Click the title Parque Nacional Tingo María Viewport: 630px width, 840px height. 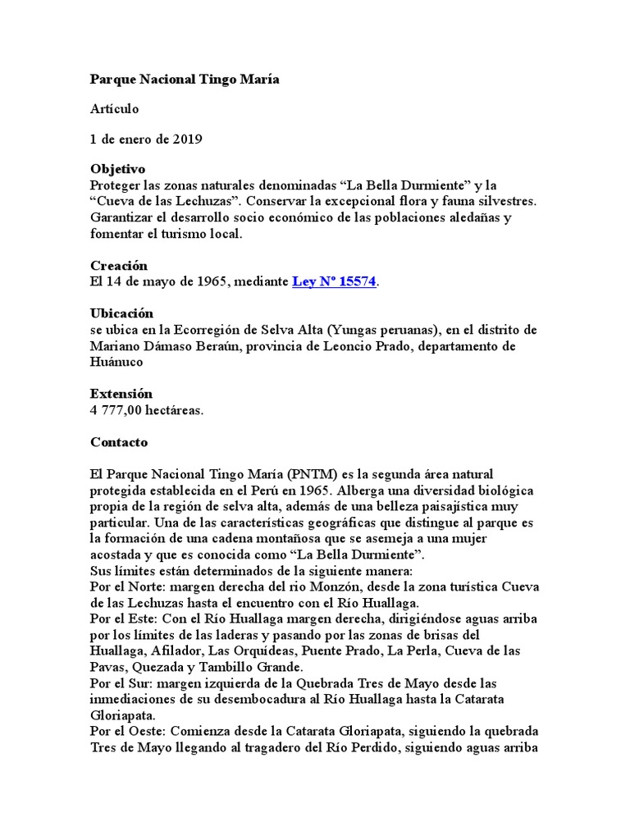pos(185,80)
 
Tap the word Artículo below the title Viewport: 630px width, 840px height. pos(115,109)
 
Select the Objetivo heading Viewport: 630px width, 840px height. pos(117,168)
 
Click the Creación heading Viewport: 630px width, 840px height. pos(118,266)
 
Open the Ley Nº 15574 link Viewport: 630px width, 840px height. pos(334,281)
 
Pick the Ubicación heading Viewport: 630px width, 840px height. pos(121,313)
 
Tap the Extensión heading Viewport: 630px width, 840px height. pos(121,394)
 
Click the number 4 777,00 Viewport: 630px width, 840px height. pos(122,409)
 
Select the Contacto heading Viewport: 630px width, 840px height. pos(118,442)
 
